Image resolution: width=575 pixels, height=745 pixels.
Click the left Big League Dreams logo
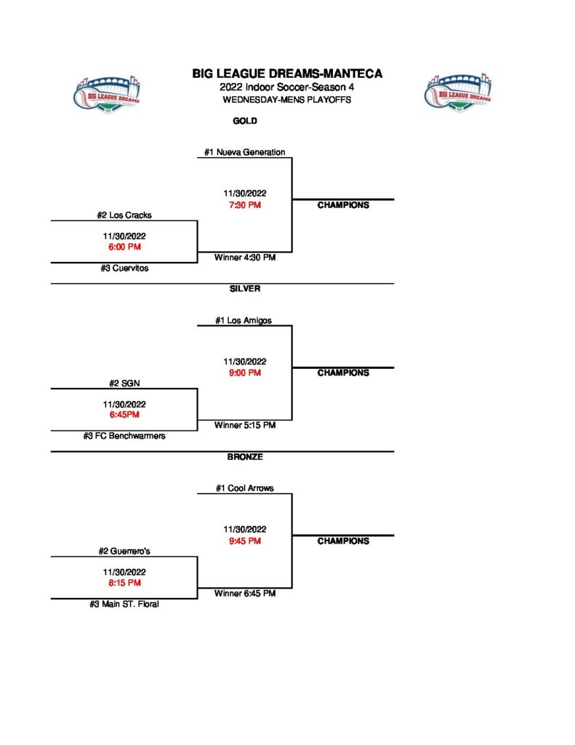coord(107,94)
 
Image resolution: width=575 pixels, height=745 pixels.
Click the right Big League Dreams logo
coord(458,93)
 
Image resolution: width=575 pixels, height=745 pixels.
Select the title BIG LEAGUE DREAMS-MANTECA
coord(287,73)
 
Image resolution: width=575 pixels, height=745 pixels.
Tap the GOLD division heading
coord(245,121)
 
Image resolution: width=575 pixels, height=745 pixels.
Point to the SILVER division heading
coord(245,288)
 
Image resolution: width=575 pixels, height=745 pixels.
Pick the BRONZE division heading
coord(245,457)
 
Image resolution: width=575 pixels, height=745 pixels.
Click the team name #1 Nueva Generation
coord(244,152)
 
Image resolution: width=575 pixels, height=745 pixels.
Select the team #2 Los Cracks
coord(124,215)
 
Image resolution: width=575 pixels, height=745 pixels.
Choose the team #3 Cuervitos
coord(124,268)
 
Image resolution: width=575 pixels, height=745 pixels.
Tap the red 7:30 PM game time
coord(245,204)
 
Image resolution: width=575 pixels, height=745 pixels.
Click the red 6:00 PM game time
coord(124,247)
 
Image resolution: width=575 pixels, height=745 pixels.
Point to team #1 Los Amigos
coord(244,320)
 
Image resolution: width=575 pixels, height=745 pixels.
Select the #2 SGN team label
coord(124,383)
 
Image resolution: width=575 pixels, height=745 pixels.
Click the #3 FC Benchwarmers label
coord(124,436)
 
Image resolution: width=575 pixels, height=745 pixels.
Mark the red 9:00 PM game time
coord(245,372)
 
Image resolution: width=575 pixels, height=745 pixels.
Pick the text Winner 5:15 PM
coord(245,425)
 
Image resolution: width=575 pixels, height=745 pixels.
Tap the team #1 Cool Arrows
coord(245,488)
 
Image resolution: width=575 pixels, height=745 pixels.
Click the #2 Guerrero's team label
coord(124,551)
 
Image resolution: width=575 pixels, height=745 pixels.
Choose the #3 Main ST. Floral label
coord(124,604)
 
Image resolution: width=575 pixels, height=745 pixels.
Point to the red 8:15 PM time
coord(124,583)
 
